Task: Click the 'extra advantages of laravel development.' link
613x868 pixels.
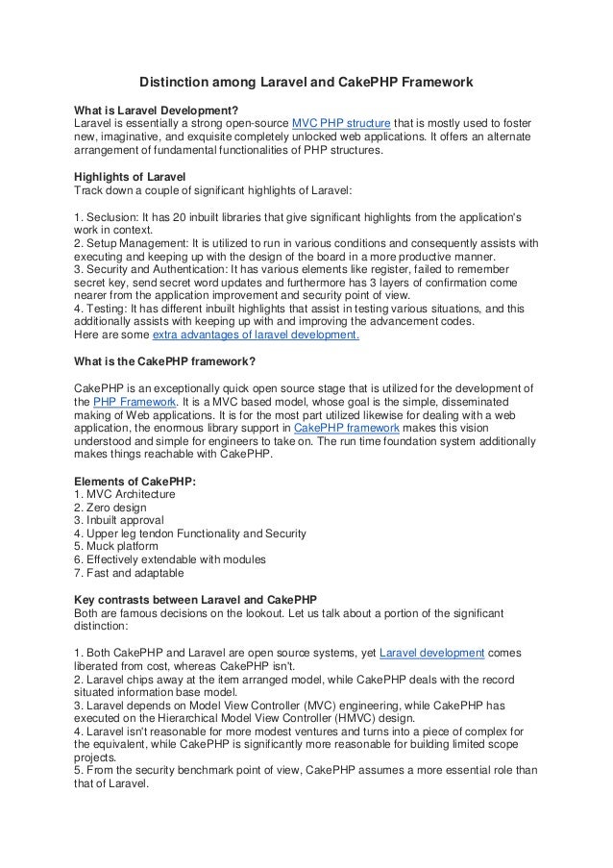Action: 257,335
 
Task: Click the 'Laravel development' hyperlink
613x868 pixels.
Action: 431,653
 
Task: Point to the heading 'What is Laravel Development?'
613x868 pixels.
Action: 156,111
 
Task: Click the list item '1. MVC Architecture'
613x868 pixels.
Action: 125,493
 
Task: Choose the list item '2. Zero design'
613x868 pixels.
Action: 110,507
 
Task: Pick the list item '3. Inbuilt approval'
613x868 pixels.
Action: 120,519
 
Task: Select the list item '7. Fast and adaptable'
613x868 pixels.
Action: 128,572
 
